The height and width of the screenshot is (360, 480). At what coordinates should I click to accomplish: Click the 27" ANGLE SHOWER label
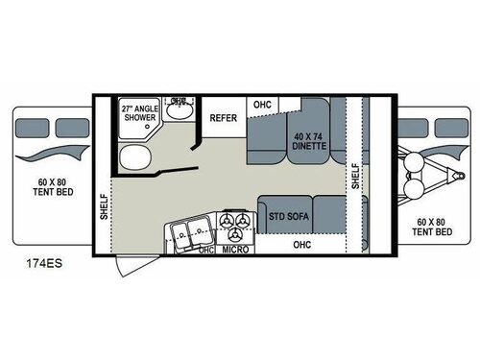(x=140, y=113)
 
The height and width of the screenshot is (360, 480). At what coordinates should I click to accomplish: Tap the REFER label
(x=223, y=119)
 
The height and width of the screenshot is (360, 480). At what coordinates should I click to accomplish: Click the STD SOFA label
(x=288, y=215)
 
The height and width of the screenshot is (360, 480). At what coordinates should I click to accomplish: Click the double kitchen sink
(x=190, y=230)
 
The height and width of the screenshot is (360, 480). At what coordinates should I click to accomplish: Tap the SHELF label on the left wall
(x=105, y=205)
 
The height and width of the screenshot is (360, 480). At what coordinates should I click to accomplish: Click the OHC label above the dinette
(x=261, y=104)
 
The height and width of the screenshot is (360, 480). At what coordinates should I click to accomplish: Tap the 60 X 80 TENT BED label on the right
(x=433, y=226)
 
